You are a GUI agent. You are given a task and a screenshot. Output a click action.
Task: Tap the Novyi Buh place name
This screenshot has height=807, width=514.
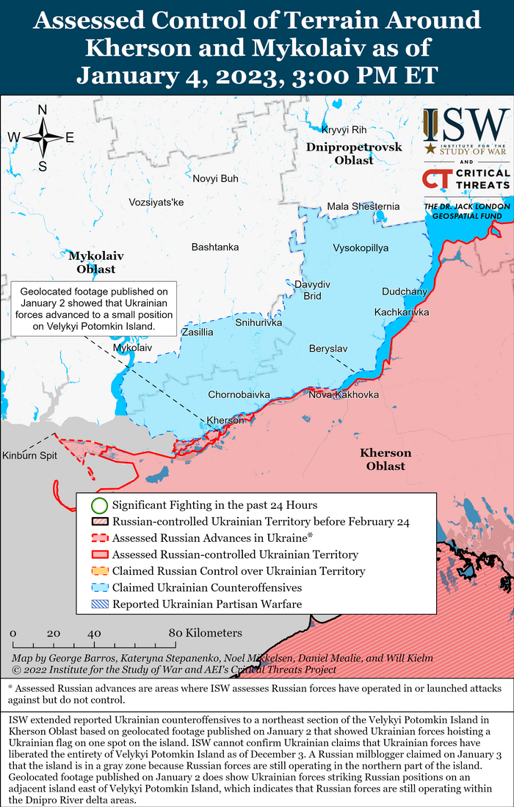[215, 178]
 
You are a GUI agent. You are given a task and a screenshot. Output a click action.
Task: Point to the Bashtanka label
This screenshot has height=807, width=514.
[214, 247]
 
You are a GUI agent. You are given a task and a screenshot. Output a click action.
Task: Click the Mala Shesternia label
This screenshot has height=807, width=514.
[363, 206]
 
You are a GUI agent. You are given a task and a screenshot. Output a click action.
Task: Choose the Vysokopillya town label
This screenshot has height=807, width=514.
[361, 247]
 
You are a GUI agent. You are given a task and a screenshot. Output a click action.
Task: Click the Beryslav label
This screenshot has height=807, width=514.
[328, 347]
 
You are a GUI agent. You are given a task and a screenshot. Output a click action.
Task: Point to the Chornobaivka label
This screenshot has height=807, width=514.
[239, 394]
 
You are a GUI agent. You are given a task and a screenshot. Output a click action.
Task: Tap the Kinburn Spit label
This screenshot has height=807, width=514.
[29, 455]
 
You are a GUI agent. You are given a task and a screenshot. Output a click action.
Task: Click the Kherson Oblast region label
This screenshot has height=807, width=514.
[385, 459]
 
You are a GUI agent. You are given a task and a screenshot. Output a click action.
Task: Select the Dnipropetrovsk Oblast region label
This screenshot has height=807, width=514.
[354, 153]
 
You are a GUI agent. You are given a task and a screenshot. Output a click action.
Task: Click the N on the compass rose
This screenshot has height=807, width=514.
[43, 110]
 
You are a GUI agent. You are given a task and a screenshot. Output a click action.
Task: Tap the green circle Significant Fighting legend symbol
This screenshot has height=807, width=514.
[99, 505]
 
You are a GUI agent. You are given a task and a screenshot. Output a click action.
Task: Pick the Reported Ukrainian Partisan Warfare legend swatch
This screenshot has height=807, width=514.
[99, 604]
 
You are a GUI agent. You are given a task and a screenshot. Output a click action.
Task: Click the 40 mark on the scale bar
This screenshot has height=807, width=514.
[94, 633]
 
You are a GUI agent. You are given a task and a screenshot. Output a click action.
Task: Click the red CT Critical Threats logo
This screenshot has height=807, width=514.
[437, 179]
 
